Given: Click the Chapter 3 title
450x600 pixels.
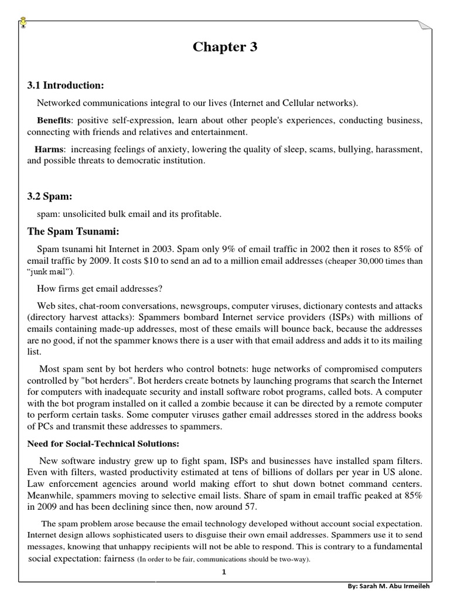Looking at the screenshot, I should [x=225, y=47].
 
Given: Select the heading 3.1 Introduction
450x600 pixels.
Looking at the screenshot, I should [x=65, y=86].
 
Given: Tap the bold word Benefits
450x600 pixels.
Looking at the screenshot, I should [x=53, y=120].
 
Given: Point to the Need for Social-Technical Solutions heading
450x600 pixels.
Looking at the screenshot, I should [x=100, y=444].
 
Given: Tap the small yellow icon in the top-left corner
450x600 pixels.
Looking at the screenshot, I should [x=22, y=22].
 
